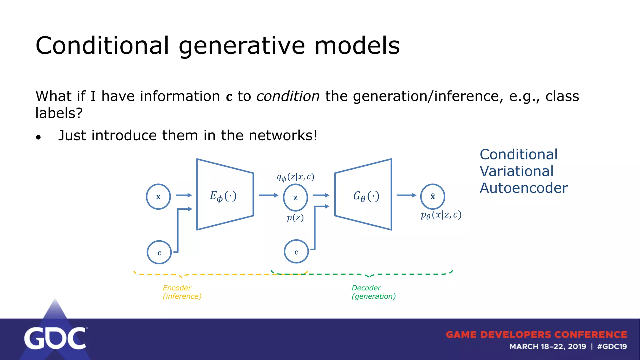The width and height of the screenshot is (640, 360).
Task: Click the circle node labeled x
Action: (158, 197)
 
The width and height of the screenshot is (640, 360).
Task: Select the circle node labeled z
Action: (295, 197)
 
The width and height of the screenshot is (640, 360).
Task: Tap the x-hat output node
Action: (432, 197)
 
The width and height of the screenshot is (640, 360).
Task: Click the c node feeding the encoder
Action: (159, 252)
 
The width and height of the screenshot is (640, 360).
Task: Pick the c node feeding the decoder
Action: (296, 252)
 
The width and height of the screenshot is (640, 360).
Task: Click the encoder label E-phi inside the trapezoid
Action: (223, 196)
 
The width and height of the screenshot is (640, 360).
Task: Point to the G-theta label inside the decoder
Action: (366, 196)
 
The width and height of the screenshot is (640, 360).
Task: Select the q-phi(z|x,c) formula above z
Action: (295, 177)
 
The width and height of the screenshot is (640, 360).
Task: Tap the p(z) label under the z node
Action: (295, 217)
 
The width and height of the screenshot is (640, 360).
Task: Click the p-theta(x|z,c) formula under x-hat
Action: (441, 215)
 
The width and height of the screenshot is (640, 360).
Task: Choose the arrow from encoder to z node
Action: (268, 195)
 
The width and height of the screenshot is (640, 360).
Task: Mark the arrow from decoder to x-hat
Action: (406, 195)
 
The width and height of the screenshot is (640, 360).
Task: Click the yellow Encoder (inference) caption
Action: (182, 292)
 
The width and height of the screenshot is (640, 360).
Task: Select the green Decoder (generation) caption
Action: (373, 292)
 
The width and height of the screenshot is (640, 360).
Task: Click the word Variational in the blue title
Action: (516, 171)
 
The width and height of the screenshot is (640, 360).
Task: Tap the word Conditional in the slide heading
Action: (102, 46)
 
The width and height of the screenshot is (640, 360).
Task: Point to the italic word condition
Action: (288, 96)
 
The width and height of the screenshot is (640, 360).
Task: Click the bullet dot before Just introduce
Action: (38, 137)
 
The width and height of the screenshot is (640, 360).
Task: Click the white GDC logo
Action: (55, 338)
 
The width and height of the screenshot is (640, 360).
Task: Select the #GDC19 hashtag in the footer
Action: (612, 347)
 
